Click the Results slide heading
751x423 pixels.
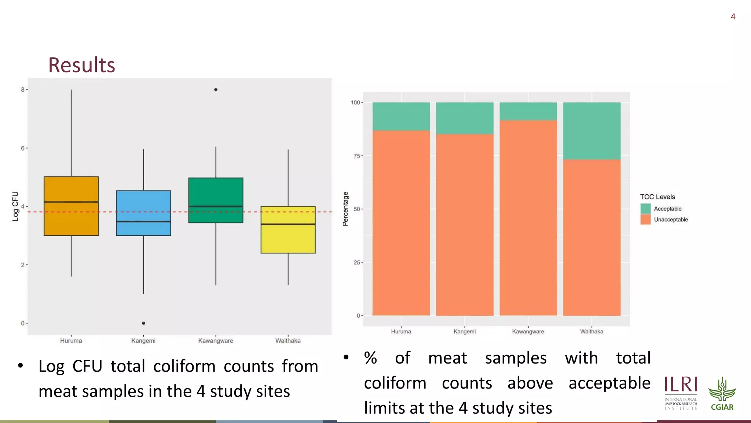pyautogui.click(x=81, y=65)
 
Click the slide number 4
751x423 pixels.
pyautogui.click(x=733, y=17)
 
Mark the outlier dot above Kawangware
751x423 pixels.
pyautogui.click(x=216, y=90)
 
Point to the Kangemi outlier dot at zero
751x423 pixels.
pyautogui.click(x=143, y=323)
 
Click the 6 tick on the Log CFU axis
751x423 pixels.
pyautogui.click(x=23, y=148)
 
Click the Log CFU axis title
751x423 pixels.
pyautogui.click(x=15, y=206)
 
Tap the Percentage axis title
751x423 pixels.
pyautogui.click(x=345, y=209)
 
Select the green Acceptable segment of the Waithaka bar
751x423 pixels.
pyautogui.click(x=591, y=131)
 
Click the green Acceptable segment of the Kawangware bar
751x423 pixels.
pyautogui.click(x=528, y=111)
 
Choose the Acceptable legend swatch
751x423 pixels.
pyautogui.click(x=645, y=209)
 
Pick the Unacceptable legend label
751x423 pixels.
pyautogui.click(x=671, y=220)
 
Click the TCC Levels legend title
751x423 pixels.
pyautogui.click(x=657, y=197)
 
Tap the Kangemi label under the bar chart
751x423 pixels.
pyautogui.click(x=464, y=332)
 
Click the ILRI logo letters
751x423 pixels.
pyautogui.click(x=681, y=384)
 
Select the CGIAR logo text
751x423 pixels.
pyautogui.click(x=722, y=407)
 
